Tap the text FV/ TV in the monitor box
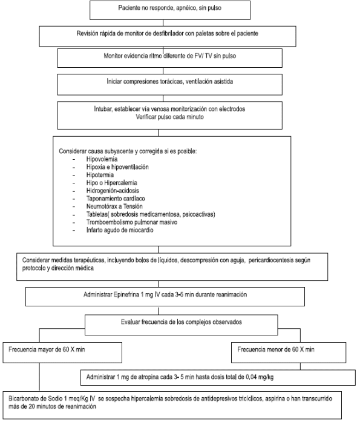(x=203, y=56)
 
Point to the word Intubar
(x=103, y=109)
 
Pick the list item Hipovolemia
(x=102, y=159)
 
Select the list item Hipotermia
(x=100, y=175)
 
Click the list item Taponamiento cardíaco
(x=116, y=199)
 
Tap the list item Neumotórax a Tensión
(x=114, y=206)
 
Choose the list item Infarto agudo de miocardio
(x=120, y=230)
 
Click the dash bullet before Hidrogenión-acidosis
(x=74, y=191)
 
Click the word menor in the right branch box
(x=283, y=349)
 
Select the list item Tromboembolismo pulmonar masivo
(x=132, y=222)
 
